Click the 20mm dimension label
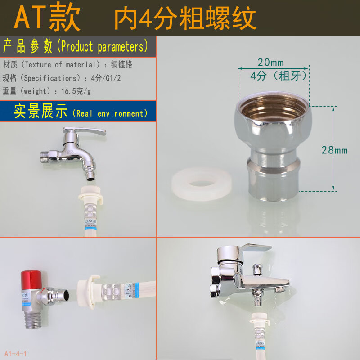[271, 62]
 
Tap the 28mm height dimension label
[334, 150]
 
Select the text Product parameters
[104, 46]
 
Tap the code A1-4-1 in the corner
[16, 354]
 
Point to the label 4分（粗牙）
[279, 75]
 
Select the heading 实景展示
[40, 111]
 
